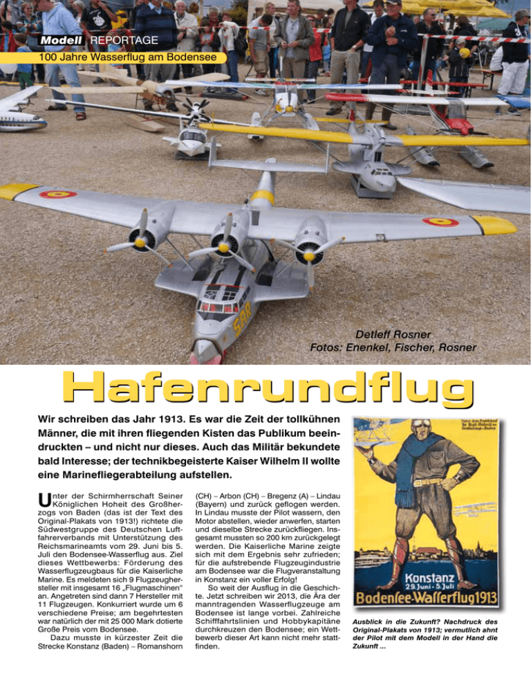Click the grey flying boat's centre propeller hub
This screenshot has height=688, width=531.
click(225, 247)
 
